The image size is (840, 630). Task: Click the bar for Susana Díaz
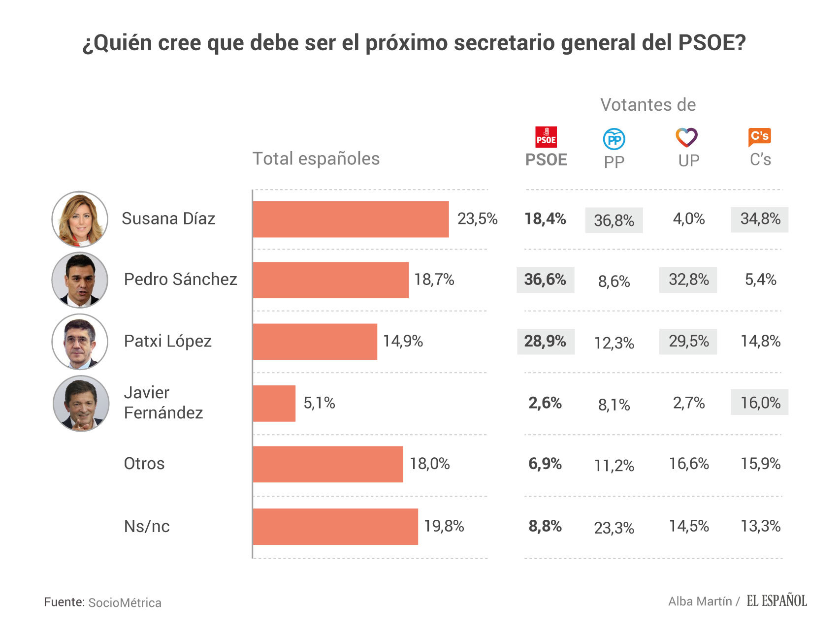click(351, 219)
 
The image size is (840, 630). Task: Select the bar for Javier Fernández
click(274, 404)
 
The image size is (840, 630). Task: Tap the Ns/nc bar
click(335, 527)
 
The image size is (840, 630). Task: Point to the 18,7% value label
click(434, 280)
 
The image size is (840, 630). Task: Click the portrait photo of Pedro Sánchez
click(80, 280)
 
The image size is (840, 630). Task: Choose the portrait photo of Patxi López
click(80, 342)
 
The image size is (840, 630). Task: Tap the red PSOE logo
click(546, 137)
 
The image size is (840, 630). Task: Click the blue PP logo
click(614, 139)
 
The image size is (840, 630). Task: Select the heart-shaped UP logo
click(686, 137)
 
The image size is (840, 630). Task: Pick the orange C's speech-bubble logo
click(759, 137)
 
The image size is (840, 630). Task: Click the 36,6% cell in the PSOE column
click(545, 280)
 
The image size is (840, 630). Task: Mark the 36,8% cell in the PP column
click(614, 220)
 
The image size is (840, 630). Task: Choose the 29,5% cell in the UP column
click(688, 342)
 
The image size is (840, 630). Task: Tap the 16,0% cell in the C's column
click(760, 403)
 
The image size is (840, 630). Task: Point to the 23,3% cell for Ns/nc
click(614, 528)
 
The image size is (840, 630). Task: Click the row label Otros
click(144, 464)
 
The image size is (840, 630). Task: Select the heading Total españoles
click(316, 159)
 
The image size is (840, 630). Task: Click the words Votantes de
click(648, 105)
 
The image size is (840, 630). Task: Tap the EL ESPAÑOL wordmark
click(776, 601)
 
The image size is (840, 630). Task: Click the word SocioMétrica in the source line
click(125, 603)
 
